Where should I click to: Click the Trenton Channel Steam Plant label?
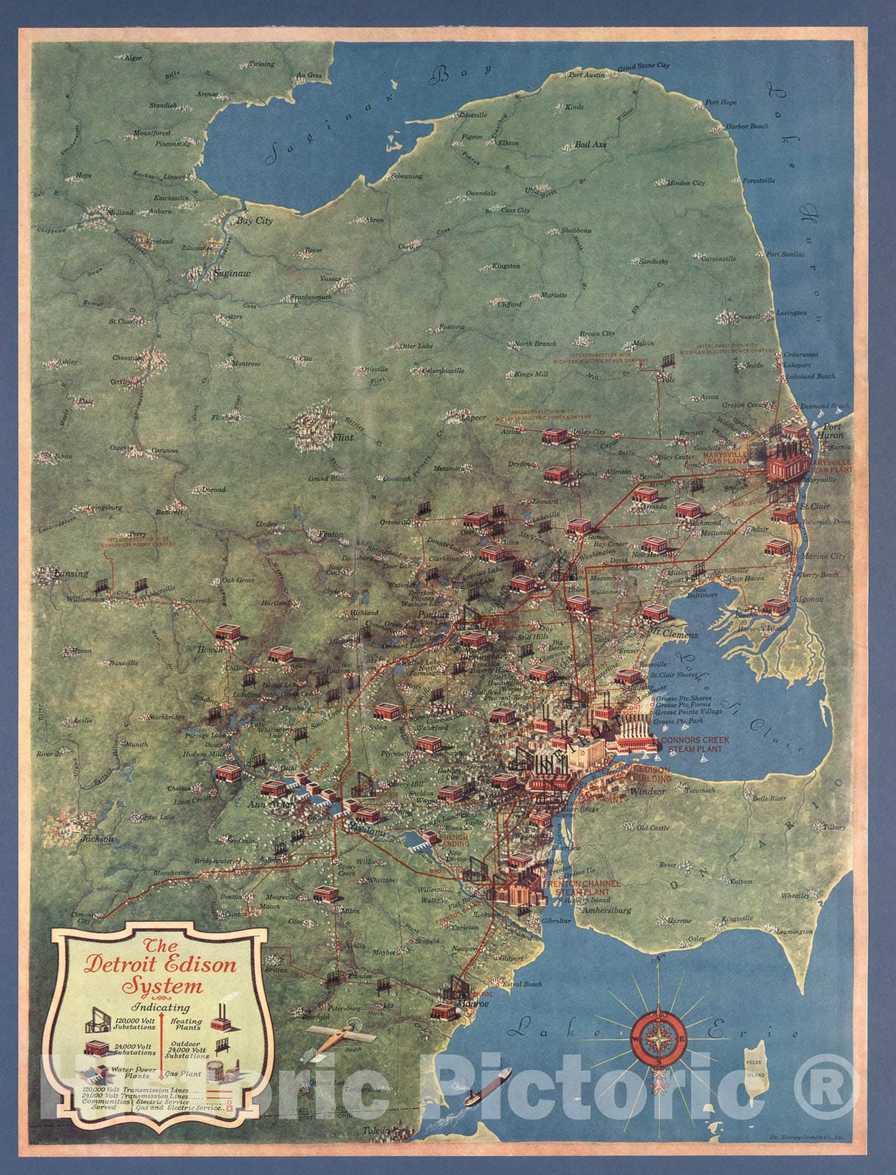(x=582, y=886)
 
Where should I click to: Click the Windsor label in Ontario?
(x=648, y=792)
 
